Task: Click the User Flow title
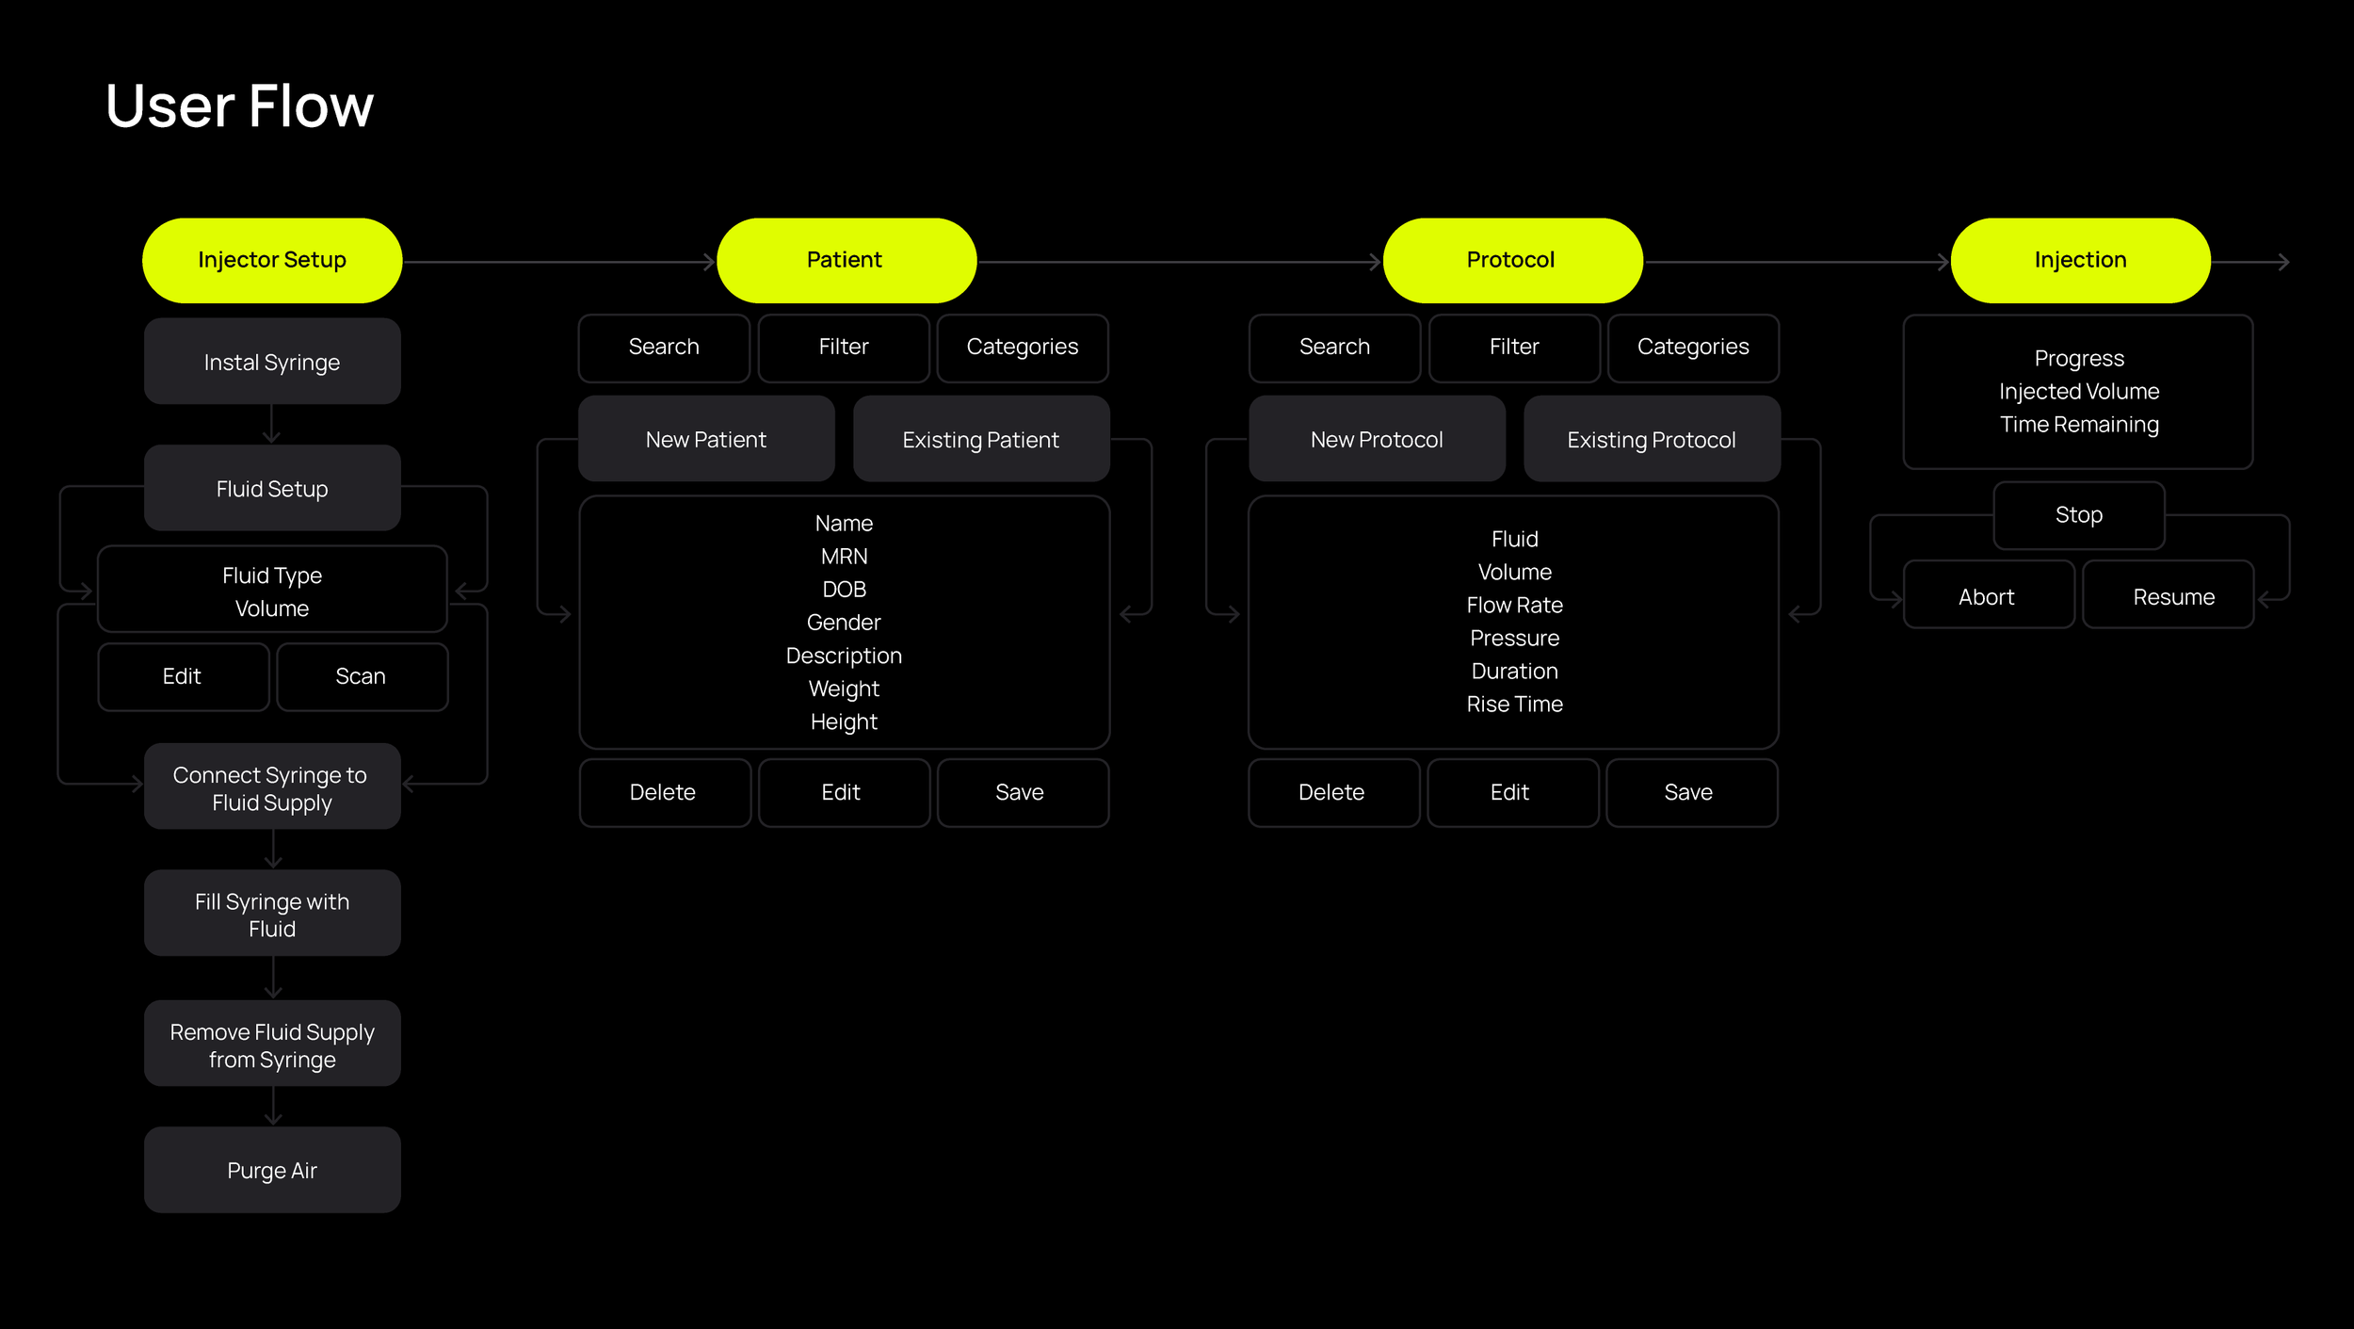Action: (x=239, y=105)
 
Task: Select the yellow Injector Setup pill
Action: (x=272, y=260)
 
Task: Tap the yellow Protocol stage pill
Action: (x=1512, y=260)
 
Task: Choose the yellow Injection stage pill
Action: (x=2080, y=260)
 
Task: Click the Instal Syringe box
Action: (x=272, y=362)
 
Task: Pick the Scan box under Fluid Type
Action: (x=362, y=676)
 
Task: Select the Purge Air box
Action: (x=272, y=1170)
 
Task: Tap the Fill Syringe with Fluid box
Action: (x=272, y=914)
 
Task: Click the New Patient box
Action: (x=706, y=439)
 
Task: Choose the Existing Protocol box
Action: (x=1652, y=439)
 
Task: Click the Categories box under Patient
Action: (x=1023, y=348)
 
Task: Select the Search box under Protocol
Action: (x=1334, y=348)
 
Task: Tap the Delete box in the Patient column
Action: (x=664, y=792)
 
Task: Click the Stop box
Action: (x=2078, y=515)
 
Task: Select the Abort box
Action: (x=1988, y=596)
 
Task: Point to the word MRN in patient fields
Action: (x=844, y=557)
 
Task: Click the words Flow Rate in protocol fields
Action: (x=1514, y=605)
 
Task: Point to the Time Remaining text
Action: (x=2079, y=424)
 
